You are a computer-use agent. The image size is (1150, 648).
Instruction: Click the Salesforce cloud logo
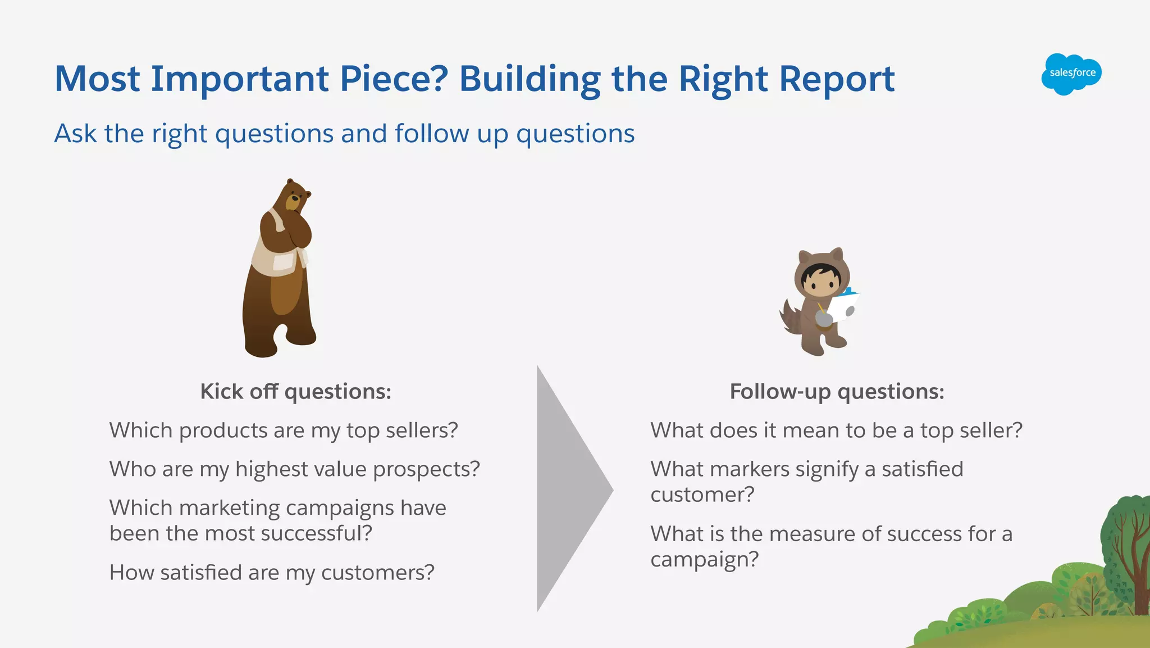click(1071, 74)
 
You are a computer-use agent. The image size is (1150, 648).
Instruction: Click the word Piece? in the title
click(394, 79)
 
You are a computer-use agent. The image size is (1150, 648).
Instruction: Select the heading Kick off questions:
click(295, 391)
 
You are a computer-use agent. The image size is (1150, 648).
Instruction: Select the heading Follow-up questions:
click(837, 391)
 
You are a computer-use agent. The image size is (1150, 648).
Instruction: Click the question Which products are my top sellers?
click(284, 431)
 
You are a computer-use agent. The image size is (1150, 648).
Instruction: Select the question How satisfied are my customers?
click(272, 573)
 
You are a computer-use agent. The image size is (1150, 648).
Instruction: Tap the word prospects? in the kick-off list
click(426, 469)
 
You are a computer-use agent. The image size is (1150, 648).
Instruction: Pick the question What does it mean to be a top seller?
click(836, 431)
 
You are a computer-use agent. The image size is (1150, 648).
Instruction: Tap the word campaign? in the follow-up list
click(704, 559)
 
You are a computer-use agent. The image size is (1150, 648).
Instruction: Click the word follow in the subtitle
click(432, 134)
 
